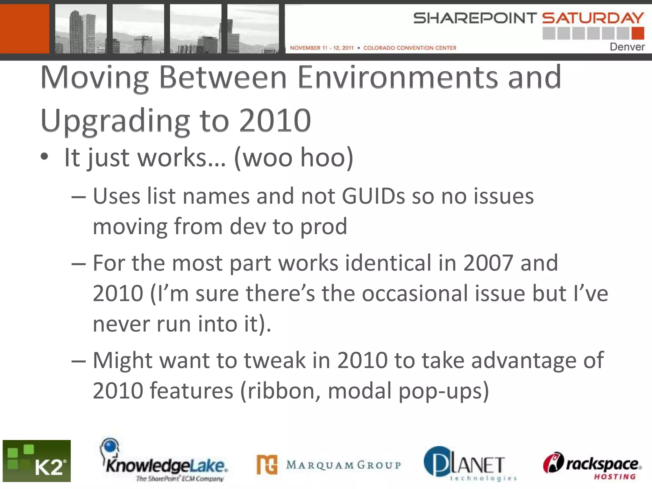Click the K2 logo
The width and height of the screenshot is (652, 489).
[x=37, y=461]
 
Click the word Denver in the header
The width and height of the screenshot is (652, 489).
[x=627, y=47]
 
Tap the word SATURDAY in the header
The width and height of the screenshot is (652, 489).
[x=593, y=18]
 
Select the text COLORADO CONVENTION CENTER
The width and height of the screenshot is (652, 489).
[x=410, y=48]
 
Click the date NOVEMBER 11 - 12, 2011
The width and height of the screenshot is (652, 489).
[x=322, y=48]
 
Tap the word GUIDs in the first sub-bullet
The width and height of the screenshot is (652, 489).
[x=373, y=196]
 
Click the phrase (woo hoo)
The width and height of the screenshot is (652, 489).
[x=294, y=158]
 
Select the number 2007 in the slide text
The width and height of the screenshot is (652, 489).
[x=488, y=263]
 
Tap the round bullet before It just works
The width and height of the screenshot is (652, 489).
[x=45, y=157]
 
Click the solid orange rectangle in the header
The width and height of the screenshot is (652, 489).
[x=25, y=29]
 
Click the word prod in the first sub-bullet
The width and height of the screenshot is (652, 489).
[x=323, y=227]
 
